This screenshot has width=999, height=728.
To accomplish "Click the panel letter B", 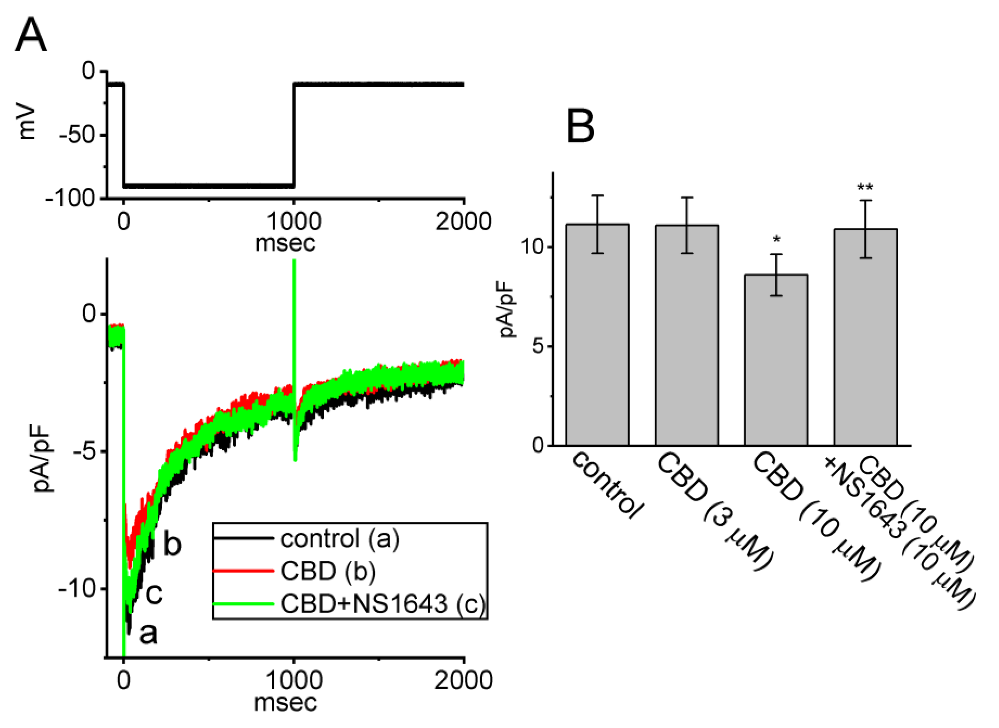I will click(x=580, y=127).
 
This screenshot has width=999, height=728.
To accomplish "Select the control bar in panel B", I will click(x=597, y=335).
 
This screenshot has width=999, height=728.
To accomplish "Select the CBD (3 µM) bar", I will click(x=686, y=335).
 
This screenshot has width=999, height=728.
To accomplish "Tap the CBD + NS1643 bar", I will click(x=865, y=337).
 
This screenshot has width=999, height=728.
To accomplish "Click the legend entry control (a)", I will click(x=340, y=538).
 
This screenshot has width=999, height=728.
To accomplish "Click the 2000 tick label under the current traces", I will click(x=463, y=681).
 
